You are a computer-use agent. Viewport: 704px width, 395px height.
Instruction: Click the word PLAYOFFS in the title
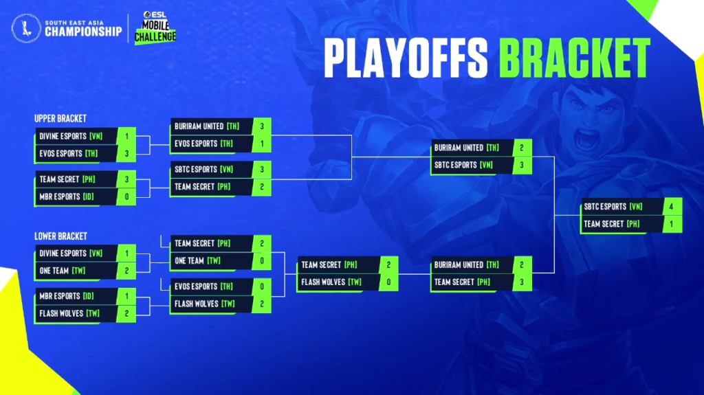[x=406, y=58]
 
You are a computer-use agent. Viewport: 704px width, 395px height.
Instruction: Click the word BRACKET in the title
[x=575, y=58]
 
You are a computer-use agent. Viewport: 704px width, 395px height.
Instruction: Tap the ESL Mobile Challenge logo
[x=155, y=27]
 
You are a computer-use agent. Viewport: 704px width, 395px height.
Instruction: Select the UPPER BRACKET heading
[x=60, y=118]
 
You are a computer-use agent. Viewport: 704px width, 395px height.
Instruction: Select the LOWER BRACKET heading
[x=60, y=236]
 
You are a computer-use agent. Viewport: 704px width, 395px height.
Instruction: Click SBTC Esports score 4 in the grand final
[x=671, y=207]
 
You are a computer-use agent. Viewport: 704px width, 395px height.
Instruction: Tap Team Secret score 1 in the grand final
[x=671, y=224]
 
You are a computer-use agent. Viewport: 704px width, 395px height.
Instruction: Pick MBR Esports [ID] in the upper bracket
[x=67, y=196]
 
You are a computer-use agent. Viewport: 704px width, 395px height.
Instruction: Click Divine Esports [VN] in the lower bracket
[x=71, y=253]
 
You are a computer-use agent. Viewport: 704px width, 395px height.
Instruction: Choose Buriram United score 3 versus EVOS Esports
[x=262, y=126]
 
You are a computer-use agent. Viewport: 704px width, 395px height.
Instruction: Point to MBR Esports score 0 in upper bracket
[x=126, y=196]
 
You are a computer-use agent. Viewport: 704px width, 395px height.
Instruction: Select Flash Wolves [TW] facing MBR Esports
[x=69, y=313]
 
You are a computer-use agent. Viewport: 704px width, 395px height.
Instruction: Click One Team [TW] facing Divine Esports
[x=63, y=271]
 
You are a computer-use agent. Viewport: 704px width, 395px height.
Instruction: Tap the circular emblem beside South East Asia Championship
[x=27, y=28]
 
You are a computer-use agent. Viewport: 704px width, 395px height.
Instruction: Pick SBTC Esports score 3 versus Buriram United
[x=522, y=165]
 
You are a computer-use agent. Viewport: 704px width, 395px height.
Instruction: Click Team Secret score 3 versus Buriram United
[x=522, y=282]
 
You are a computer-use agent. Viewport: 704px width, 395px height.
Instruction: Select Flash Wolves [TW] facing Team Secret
[x=331, y=282]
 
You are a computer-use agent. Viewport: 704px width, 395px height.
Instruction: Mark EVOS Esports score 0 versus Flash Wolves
[x=262, y=286]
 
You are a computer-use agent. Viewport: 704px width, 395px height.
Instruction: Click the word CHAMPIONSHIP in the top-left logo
[x=83, y=32]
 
